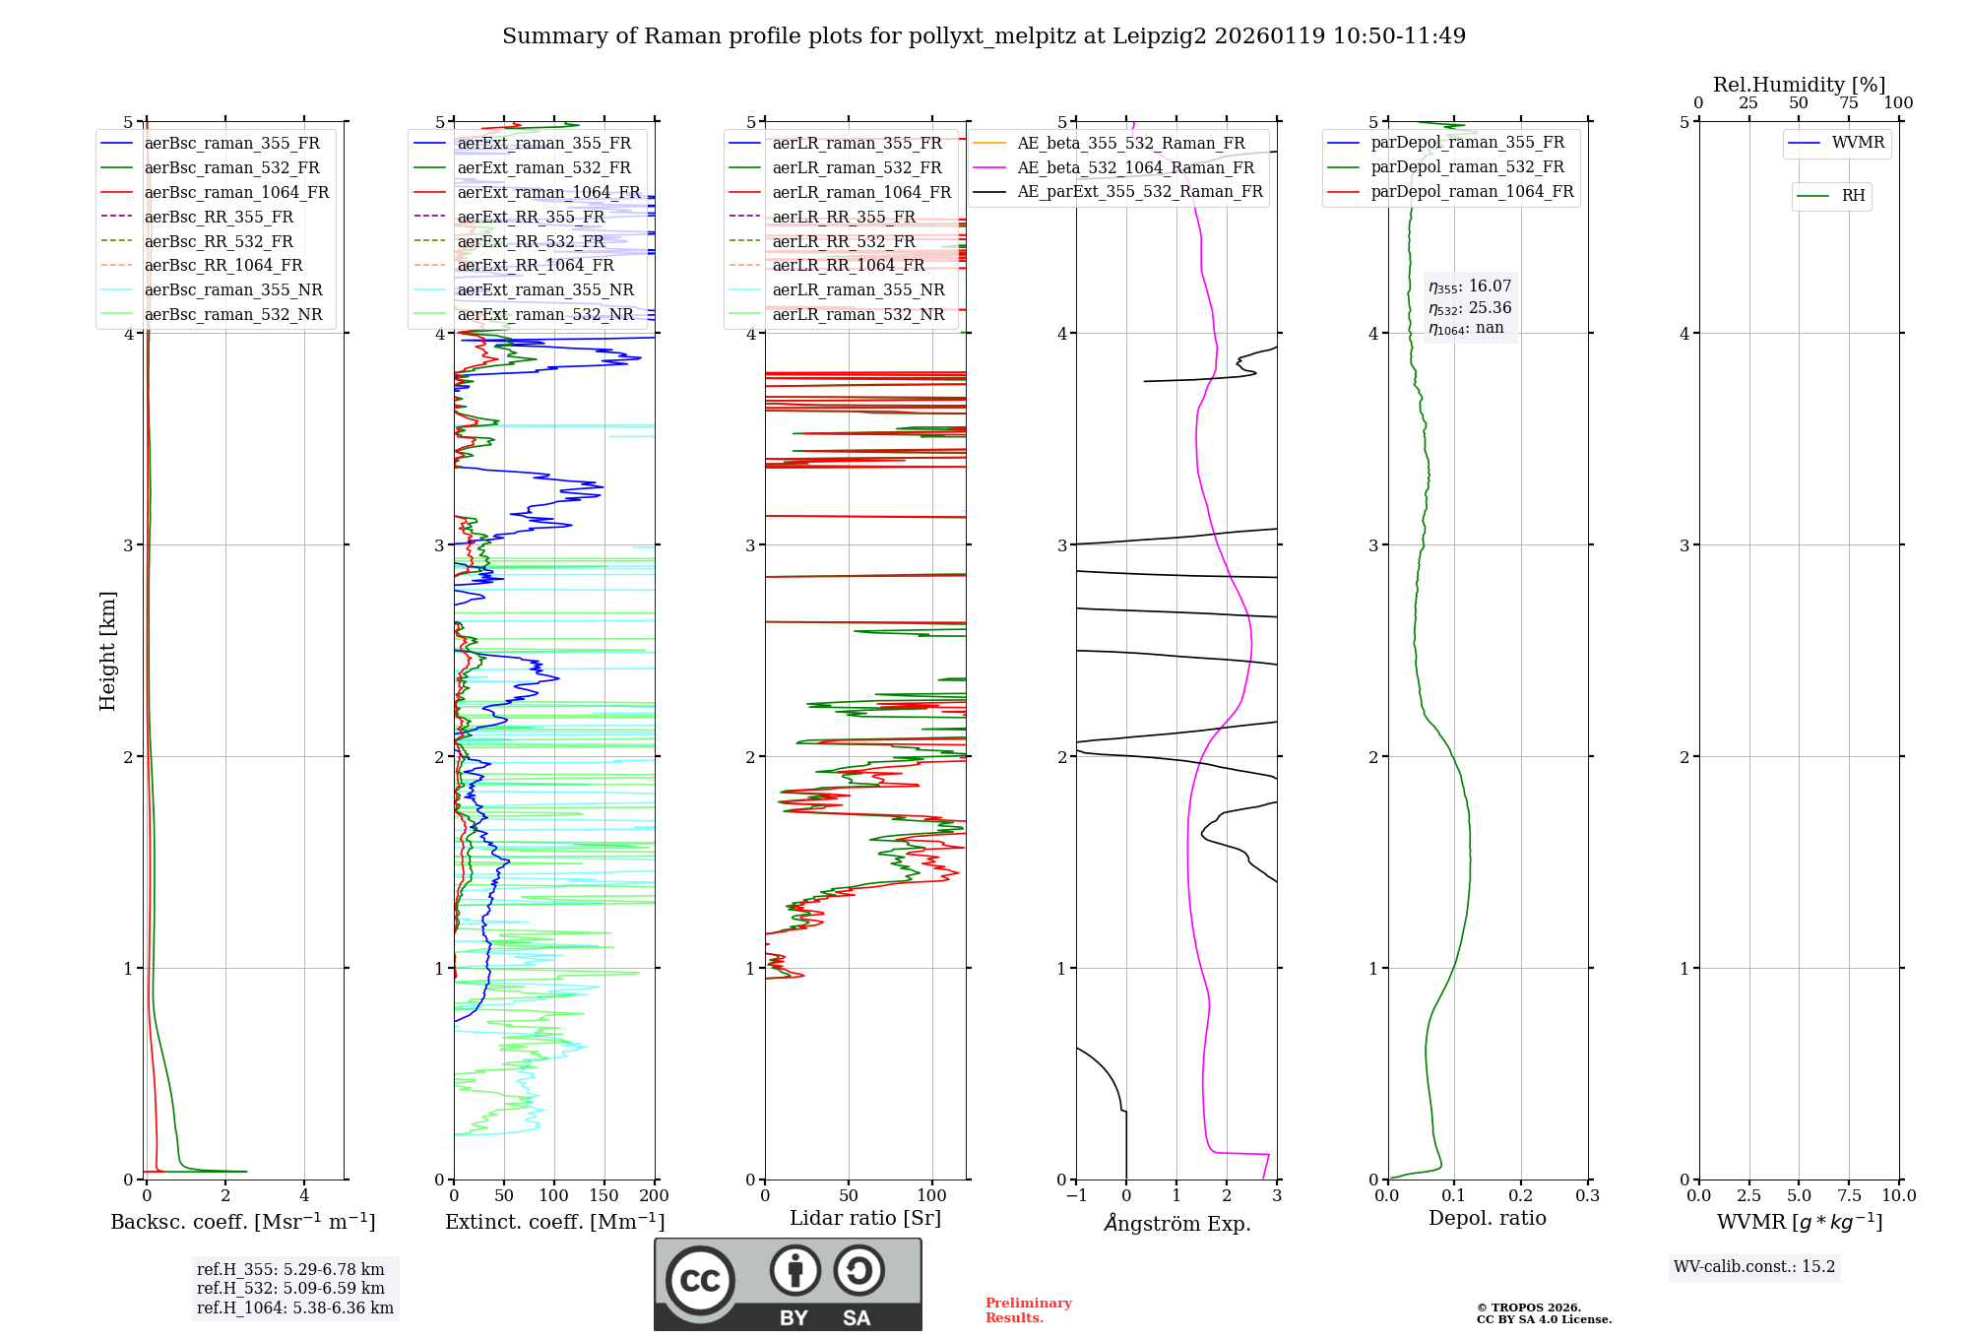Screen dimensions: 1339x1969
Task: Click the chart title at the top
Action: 984,36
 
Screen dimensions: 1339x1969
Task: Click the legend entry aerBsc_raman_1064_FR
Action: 236,192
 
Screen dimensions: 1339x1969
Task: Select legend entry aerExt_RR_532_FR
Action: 531,241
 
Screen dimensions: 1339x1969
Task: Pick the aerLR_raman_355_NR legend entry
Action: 857,289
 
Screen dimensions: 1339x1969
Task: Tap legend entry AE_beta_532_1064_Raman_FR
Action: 1135,167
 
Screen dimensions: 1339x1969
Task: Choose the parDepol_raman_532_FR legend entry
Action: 1467,167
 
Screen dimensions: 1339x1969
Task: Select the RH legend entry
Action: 1853,196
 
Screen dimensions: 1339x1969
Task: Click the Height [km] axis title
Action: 107,651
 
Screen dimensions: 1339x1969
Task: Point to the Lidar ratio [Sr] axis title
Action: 865,1218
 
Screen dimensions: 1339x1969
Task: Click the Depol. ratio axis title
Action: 1487,1218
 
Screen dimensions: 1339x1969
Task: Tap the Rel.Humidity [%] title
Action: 1799,85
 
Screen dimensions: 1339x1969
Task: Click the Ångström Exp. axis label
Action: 1176,1223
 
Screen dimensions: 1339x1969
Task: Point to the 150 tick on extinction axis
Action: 604,1196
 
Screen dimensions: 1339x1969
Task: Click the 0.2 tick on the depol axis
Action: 1521,1196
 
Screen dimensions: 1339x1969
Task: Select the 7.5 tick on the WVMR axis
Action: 1849,1196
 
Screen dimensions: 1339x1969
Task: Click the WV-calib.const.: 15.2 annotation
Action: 1754,1266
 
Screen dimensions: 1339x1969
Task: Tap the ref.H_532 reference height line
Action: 290,1288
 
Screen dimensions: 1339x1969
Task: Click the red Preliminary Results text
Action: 1028,1309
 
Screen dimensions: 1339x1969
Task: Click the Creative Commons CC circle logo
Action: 700,1280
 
